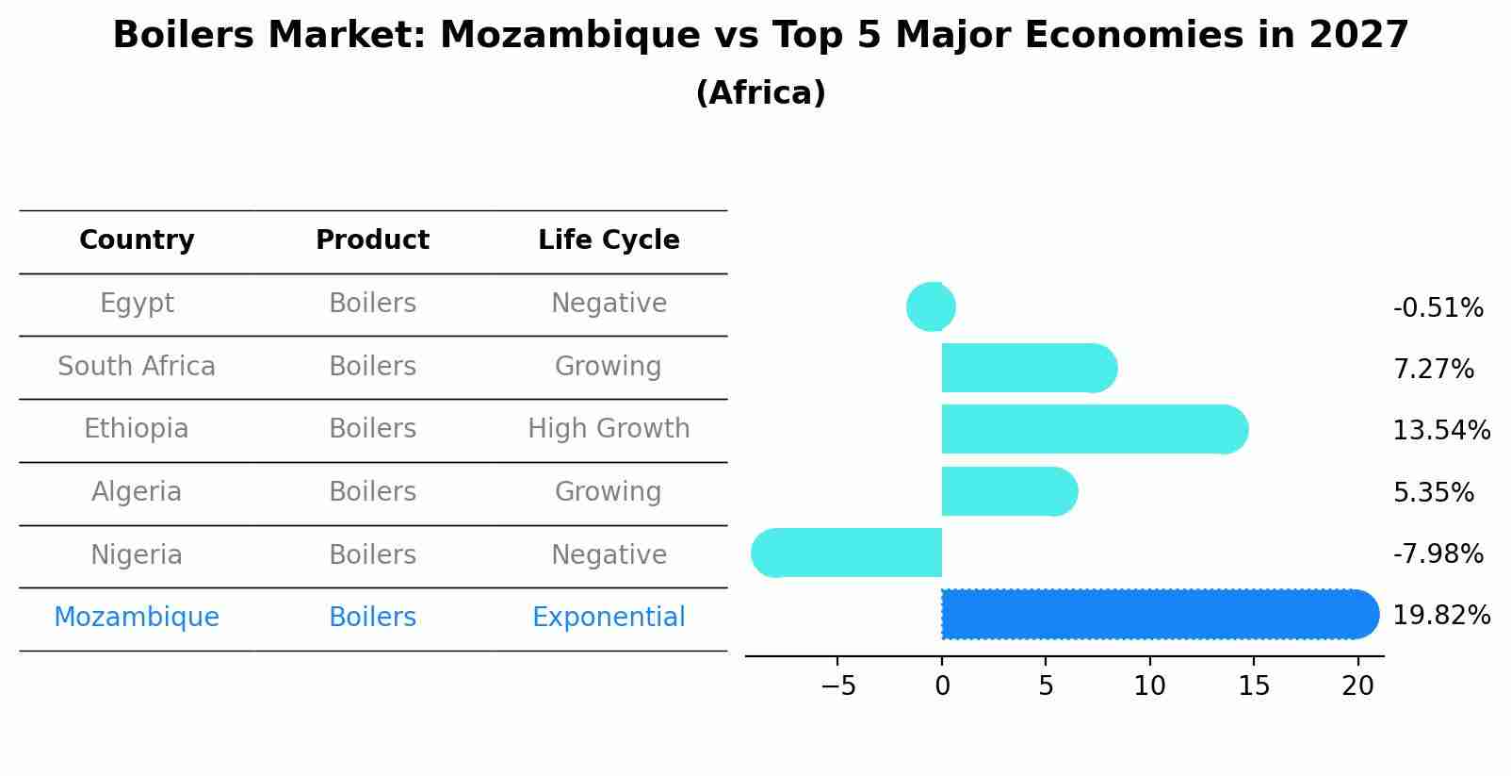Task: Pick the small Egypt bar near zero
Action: click(x=932, y=306)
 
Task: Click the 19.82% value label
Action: click(x=1441, y=616)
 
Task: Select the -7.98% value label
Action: click(x=1438, y=553)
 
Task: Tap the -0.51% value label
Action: click(x=1438, y=308)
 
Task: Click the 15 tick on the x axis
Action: click(x=1254, y=686)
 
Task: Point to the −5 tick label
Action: click(x=837, y=686)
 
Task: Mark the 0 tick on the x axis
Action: click(x=942, y=686)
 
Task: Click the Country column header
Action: click(x=137, y=240)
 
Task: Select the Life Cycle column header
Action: click(x=609, y=240)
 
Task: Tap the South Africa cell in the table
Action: click(x=137, y=366)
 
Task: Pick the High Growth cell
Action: click(x=609, y=429)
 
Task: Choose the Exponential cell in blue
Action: click(x=609, y=618)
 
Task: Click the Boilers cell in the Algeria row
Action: click(x=372, y=491)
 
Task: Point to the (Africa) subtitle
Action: click(x=760, y=93)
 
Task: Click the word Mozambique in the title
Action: click(x=569, y=36)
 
